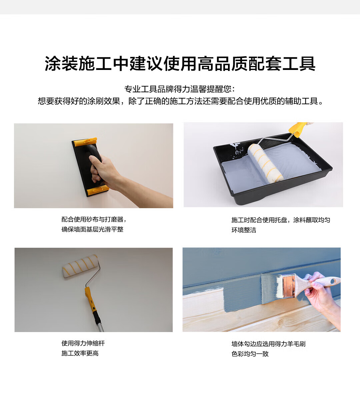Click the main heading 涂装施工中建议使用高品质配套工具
[x=180, y=64]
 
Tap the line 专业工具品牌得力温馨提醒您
[x=178, y=89]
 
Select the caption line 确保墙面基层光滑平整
[x=92, y=229]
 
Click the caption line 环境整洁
[x=244, y=230]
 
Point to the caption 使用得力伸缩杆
[x=83, y=343]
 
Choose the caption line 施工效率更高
[x=80, y=353]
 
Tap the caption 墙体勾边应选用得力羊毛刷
[x=268, y=344]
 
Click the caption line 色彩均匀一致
[x=250, y=354]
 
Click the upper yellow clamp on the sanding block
[x=85, y=142]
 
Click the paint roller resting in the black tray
[x=265, y=163]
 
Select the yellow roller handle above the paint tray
[x=297, y=129]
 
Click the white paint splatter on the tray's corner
[x=237, y=149]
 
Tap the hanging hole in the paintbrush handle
[x=332, y=281]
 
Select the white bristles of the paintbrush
[x=279, y=287]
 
